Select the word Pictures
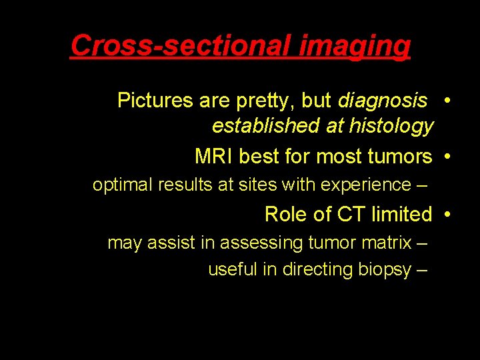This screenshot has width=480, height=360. coord(155,101)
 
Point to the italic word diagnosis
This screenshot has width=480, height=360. coord(383,101)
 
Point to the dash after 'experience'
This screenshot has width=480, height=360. coord(422,185)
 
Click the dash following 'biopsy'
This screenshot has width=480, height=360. coord(421,271)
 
